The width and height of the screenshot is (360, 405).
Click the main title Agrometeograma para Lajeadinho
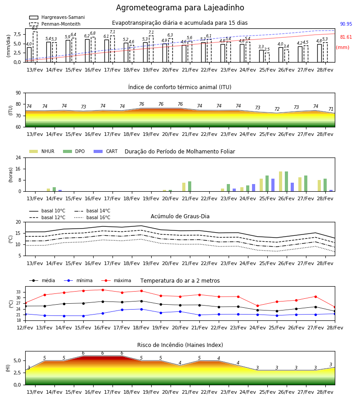coord(180,8)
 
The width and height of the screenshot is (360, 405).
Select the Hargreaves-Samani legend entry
coord(57,17)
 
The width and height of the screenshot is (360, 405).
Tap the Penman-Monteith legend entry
coord(55,24)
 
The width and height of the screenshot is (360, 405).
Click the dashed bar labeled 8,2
coord(35,47)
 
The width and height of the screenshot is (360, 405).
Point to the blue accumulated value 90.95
coord(346,24)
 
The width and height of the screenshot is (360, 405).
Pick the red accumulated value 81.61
coord(346,37)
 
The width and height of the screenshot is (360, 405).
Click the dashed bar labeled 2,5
coord(267,58)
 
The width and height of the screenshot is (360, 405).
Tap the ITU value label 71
coord(331,109)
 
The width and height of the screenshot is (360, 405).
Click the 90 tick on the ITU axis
coord(18,93)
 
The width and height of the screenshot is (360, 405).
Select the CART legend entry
coord(106,151)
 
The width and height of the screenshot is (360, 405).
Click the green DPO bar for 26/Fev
coord(286,182)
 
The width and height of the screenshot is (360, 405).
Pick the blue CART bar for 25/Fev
coord(273,185)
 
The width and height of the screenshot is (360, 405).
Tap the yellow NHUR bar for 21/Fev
coord(184,187)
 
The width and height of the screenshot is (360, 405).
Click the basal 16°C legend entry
coord(92,218)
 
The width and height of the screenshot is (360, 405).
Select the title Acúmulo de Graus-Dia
coord(180,216)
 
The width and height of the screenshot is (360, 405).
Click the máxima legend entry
coord(116,280)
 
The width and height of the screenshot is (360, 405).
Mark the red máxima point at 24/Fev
coord(257,306)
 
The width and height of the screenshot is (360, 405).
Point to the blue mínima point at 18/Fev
coord(141,309)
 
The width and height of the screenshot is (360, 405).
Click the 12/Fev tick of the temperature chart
coord(25,328)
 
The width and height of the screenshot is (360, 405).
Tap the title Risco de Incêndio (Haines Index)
coord(180,345)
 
